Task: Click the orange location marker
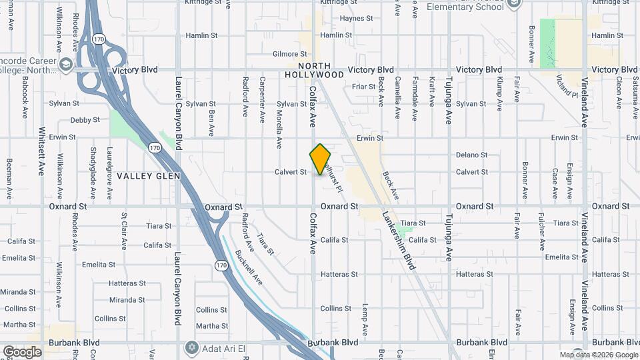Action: [320, 159]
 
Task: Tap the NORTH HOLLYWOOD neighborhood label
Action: [321, 70]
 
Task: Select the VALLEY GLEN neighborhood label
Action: [144, 176]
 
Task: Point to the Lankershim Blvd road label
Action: [399, 241]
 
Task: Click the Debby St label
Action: [85, 121]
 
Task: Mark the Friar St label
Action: [364, 87]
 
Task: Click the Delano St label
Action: [472, 155]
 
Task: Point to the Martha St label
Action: [212, 326]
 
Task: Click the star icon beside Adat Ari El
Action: [192, 348]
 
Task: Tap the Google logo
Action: [22, 352]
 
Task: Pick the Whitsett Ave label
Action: [41, 151]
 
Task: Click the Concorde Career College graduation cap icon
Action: [66, 64]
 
